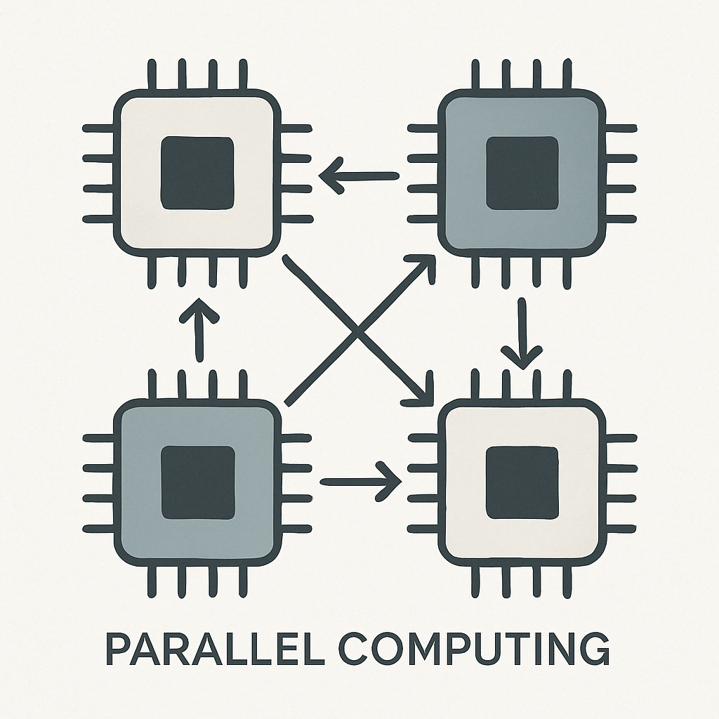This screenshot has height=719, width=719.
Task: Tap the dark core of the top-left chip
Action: point(197,173)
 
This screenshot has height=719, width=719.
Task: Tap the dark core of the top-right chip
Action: point(522,173)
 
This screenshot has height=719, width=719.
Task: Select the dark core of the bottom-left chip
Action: point(197,482)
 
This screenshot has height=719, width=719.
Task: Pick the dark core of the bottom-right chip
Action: point(522,482)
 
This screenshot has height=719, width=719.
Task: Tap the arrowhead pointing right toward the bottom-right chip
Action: point(391,481)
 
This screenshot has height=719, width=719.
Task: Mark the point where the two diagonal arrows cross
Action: point(357,331)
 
